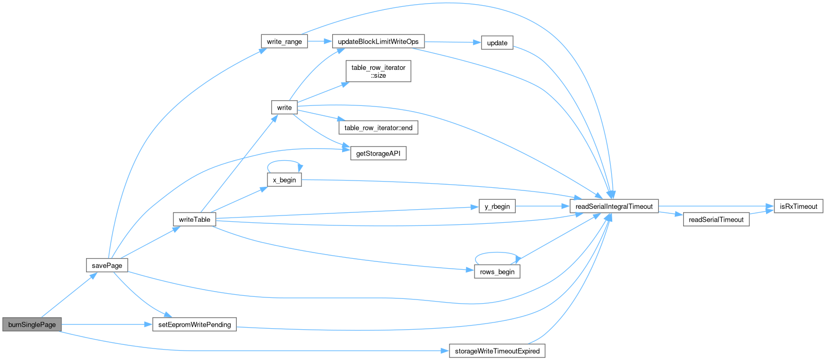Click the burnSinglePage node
32,325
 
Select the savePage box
107,266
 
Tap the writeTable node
195,220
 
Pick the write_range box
284,42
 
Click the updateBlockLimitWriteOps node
378,42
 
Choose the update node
497,43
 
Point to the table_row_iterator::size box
378,71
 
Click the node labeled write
284,107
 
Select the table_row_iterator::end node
378,128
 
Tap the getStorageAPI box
378,154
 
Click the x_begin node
284,180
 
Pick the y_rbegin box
497,207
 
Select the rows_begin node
497,272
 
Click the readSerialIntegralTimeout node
614,207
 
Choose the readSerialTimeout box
716,220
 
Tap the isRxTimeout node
798,207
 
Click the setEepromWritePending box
195,325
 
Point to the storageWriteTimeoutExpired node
497,351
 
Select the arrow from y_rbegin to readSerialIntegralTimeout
542,207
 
